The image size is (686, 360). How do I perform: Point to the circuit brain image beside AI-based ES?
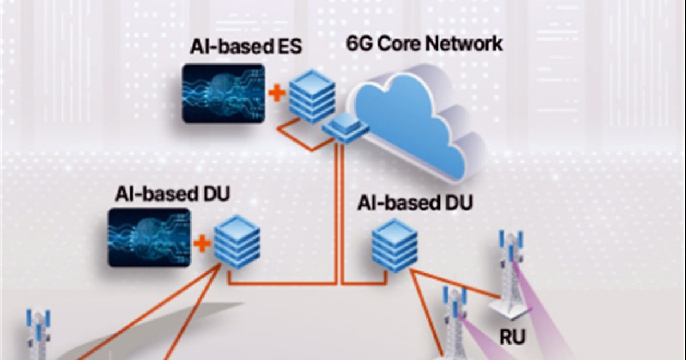click(x=224, y=93)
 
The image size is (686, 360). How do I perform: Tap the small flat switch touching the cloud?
click(x=345, y=127)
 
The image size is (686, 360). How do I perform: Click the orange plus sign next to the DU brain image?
click(x=202, y=245)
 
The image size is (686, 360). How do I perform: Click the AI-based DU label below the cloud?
click(x=416, y=203)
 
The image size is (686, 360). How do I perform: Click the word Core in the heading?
click(x=398, y=43)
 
